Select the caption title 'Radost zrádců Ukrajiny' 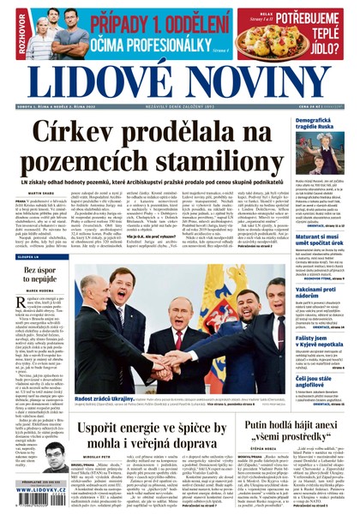tap(98, 400)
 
